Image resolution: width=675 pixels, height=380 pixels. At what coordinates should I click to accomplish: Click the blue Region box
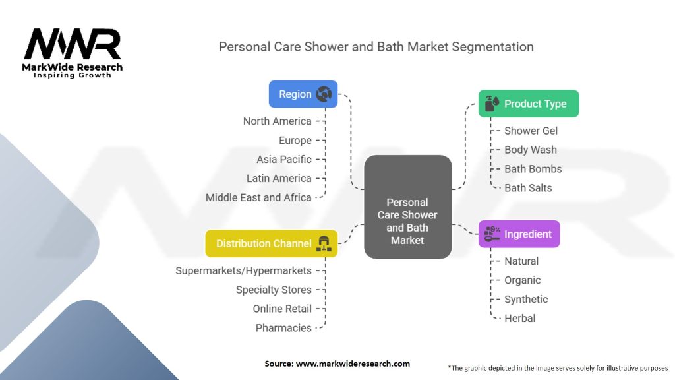pyautogui.click(x=303, y=94)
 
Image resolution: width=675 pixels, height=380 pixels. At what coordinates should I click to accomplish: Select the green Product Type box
pyautogui.click(x=529, y=104)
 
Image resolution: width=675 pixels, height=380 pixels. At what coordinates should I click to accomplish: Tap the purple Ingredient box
pyautogui.click(x=519, y=234)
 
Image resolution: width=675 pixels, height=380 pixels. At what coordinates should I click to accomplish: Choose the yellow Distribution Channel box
pyautogui.click(x=271, y=243)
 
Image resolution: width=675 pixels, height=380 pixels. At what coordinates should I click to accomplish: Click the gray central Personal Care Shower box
pyautogui.click(x=407, y=206)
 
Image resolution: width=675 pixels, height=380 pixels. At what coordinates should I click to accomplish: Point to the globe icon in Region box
pyautogui.click(x=324, y=94)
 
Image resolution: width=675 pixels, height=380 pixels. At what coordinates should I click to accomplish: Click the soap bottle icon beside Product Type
pyautogui.click(x=492, y=104)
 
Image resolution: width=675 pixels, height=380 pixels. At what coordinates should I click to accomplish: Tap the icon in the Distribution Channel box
pyautogui.click(x=324, y=243)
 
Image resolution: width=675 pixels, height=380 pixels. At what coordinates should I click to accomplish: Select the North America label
pyautogui.click(x=278, y=121)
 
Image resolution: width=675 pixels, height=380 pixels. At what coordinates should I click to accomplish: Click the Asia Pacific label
pyautogui.click(x=284, y=160)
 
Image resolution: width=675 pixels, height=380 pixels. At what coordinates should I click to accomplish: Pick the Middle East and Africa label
pyautogui.click(x=258, y=197)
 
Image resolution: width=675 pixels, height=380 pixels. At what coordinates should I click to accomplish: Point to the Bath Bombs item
pyautogui.click(x=533, y=169)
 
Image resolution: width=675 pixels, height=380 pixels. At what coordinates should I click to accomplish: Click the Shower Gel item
pyautogui.click(x=531, y=131)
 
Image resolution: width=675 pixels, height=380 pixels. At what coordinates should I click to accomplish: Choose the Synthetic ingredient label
pyautogui.click(x=526, y=299)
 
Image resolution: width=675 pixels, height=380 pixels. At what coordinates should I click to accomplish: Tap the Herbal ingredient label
pyautogui.click(x=519, y=319)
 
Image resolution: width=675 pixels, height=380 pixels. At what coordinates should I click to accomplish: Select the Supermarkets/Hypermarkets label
pyautogui.click(x=243, y=270)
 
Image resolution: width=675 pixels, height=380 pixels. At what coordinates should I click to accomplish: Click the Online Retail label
pyautogui.click(x=282, y=309)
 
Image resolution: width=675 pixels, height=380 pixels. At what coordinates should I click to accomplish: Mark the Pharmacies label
pyautogui.click(x=283, y=328)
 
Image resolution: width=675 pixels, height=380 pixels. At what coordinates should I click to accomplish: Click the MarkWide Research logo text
pyautogui.click(x=73, y=67)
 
